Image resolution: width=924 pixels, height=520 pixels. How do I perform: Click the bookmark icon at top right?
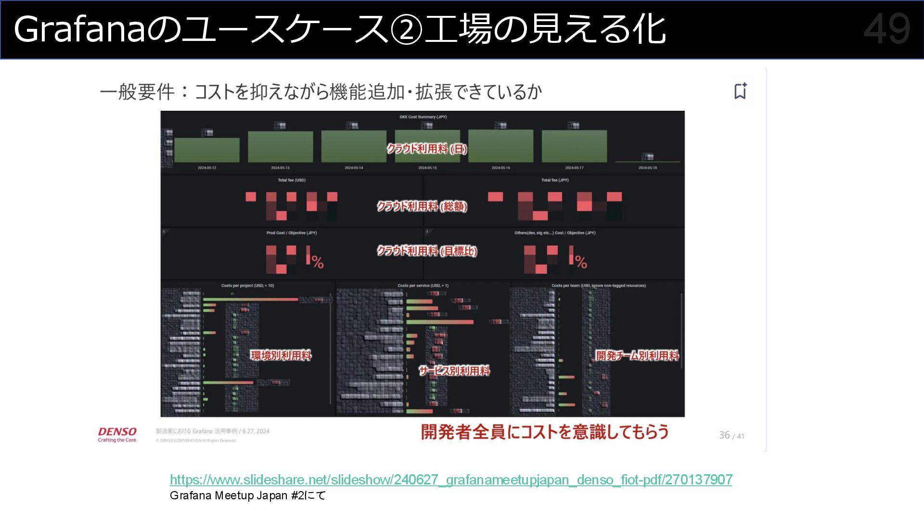(740, 91)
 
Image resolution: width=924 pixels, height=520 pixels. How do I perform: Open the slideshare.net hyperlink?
(451, 480)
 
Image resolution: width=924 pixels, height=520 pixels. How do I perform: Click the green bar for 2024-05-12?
(207, 150)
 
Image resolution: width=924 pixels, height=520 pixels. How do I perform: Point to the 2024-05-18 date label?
(647, 168)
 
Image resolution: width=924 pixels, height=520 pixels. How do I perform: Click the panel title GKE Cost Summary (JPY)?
(423, 117)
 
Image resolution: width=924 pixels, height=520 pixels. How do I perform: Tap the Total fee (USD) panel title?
(292, 180)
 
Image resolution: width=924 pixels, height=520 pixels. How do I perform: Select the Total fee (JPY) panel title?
(555, 180)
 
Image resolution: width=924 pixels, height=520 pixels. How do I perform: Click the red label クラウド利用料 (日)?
(427, 149)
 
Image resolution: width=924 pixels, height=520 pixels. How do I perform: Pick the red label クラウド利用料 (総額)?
(422, 207)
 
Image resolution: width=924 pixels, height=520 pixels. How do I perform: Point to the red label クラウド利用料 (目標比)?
(427, 251)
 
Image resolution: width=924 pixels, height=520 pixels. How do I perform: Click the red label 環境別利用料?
(281, 355)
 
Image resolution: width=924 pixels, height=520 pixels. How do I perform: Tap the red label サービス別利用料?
(454, 371)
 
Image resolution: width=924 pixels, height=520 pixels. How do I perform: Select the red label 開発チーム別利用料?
(637, 355)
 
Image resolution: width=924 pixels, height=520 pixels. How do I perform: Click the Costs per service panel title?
(423, 286)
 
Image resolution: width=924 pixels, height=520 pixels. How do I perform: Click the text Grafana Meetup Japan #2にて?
(248, 495)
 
